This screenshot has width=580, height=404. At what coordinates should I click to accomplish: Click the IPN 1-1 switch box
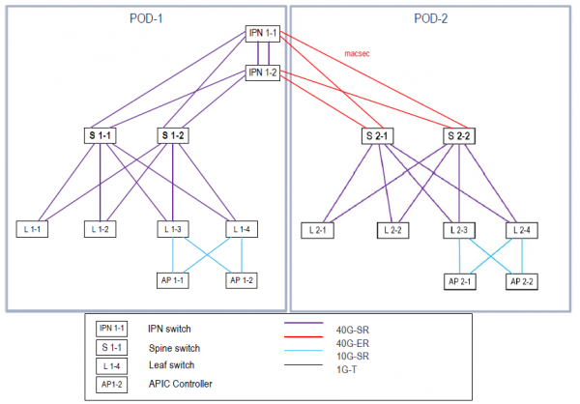262,35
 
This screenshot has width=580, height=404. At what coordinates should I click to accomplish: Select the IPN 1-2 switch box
262,72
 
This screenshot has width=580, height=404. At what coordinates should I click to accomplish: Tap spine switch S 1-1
100,135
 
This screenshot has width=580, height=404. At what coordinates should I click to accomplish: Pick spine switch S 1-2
172,135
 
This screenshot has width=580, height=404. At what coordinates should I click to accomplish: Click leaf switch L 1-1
32,229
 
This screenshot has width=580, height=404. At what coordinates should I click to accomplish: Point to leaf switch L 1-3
173,229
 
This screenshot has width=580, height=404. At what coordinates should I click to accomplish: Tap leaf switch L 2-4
522,229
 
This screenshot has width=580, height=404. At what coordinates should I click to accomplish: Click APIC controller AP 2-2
523,281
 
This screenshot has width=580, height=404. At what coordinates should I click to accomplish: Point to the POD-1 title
147,17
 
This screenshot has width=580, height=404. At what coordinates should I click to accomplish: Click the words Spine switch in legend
176,347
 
